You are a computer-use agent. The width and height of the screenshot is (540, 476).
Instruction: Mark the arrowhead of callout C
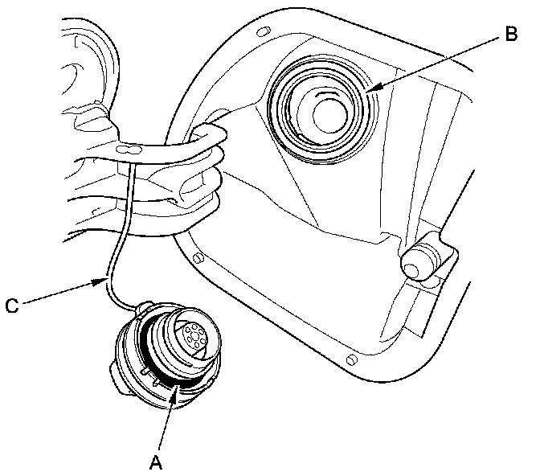[106, 280]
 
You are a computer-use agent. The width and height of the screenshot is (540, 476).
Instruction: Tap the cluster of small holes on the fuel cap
[193, 336]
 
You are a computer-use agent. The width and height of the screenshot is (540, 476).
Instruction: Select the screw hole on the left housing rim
[197, 257]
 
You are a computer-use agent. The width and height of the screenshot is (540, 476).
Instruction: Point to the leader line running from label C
[60, 292]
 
